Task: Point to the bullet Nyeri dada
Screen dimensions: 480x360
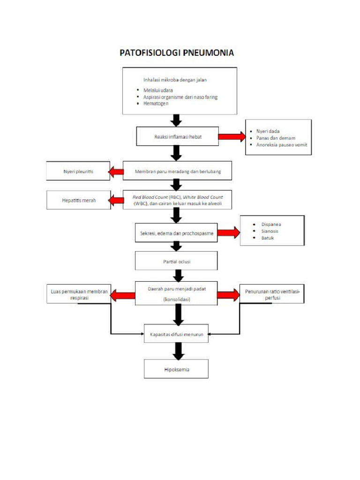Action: tap(268, 131)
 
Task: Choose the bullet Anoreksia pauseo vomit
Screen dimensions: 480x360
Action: tap(281, 145)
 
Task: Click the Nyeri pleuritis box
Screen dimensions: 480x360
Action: tap(78, 172)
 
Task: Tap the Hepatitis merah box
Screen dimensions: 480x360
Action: tap(79, 200)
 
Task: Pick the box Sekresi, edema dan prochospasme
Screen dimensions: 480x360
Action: tap(176, 233)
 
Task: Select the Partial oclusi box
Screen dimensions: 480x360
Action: tap(176, 262)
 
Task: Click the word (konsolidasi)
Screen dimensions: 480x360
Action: tap(176, 299)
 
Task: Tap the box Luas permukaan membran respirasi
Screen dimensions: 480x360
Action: tap(79, 294)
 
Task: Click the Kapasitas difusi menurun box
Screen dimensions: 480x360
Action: tap(176, 334)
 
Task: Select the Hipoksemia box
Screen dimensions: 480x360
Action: tap(176, 369)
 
